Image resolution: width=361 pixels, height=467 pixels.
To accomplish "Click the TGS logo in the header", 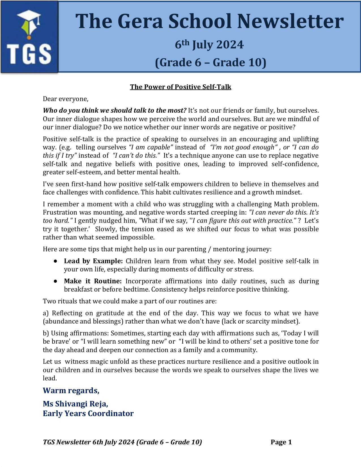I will click(29, 37).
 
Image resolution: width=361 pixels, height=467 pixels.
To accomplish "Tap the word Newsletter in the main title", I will click(290, 22).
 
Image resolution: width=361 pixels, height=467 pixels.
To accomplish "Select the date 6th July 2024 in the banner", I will click(209, 45).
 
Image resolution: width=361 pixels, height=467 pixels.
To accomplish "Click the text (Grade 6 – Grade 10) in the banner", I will click(211, 63).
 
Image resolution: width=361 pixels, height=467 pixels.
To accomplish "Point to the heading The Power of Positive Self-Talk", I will click(180, 87).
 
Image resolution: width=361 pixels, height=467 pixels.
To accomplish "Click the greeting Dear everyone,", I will click(66, 99).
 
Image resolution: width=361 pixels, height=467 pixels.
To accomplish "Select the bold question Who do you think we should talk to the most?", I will click(115, 110).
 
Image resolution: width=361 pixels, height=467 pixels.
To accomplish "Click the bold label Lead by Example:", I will click(93, 261).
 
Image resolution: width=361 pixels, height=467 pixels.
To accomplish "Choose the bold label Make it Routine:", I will click(93, 281).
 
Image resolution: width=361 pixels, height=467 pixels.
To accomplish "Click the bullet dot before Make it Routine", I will click(55, 281).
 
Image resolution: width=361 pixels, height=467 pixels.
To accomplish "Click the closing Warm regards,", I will click(71, 391).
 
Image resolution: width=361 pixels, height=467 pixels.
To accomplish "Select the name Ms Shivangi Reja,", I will click(75, 404).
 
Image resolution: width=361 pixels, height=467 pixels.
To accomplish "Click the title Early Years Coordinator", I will click(88, 414).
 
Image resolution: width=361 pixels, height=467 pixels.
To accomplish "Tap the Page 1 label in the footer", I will click(281, 442).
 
